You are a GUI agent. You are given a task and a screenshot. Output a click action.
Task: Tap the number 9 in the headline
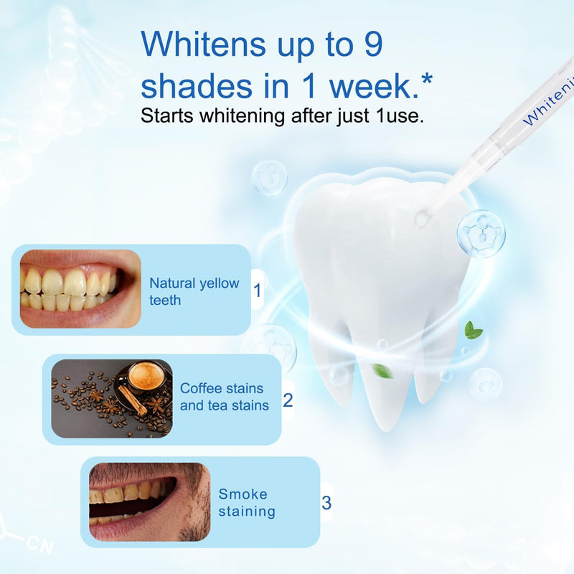click(x=369, y=44)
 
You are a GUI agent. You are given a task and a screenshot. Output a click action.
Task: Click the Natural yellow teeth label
click(x=194, y=291)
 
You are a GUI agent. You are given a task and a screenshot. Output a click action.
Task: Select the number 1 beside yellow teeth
click(x=258, y=291)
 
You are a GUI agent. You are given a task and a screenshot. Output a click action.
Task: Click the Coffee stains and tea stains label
click(x=224, y=397)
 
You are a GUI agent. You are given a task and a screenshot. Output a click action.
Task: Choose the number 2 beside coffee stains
click(x=288, y=400)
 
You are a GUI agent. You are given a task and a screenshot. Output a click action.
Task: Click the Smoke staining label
click(x=247, y=502)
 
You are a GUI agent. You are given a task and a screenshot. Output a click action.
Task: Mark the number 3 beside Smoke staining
click(x=326, y=503)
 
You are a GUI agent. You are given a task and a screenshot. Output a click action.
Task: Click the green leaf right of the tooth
click(x=473, y=330)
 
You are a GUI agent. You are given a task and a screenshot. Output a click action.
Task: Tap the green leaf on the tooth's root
click(x=382, y=371)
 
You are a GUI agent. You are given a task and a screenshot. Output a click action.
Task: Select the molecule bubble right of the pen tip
click(x=481, y=233)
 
